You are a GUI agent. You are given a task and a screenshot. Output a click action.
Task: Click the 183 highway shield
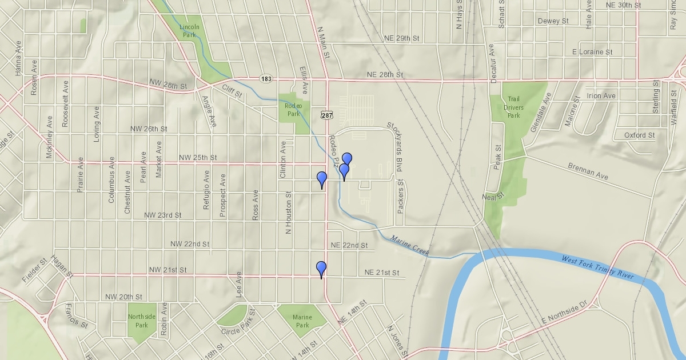click(266, 78)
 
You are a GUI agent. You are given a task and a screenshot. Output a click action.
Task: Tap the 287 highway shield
click(326, 115)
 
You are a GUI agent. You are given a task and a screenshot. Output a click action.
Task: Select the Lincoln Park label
click(189, 31)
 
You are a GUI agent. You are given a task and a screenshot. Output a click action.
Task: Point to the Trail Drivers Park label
click(513, 107)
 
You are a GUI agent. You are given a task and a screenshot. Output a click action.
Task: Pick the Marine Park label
click(302, 321)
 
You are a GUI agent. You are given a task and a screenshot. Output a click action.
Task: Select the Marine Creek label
click(410, 245)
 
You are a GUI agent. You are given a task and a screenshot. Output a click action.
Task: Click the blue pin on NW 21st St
click(321, 269)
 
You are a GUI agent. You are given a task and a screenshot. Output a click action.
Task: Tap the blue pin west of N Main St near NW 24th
click(322, 179)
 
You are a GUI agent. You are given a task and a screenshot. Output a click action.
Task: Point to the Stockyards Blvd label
click(393, 147)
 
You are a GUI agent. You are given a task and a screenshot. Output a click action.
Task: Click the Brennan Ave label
click(588, 172)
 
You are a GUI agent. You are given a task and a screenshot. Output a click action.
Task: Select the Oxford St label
click(639, 135)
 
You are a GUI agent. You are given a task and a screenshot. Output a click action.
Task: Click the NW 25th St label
click(198, 157)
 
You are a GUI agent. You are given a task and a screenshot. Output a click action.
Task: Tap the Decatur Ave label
click(492, 63)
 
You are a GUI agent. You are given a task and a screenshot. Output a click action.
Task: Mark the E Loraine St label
click(592, 51)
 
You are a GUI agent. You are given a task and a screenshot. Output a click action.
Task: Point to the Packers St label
click(401, 197)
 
